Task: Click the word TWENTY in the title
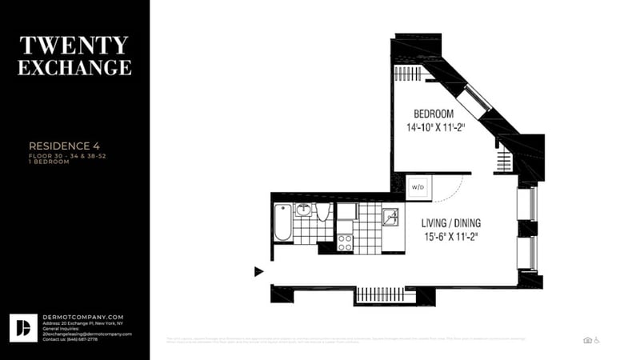(74, 44)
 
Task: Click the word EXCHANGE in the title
(74, 68)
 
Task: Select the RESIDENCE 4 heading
(64, 146)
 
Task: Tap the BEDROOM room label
(434, 113)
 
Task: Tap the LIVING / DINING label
(452, 222)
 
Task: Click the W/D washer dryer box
(418, 187)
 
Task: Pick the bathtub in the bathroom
(282, 222)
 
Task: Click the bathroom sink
(304, 210)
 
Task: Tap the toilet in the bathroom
(323, 212)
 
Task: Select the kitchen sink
(390, 217)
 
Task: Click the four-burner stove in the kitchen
(346, 242)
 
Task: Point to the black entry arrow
(258, 271)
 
